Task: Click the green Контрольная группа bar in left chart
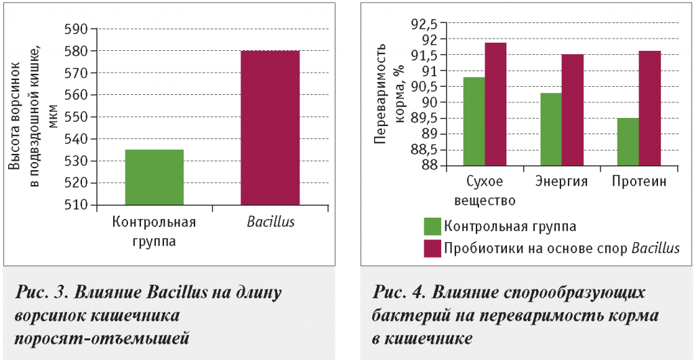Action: tap(154, 177)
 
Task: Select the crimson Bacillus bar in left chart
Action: tap(270, 127)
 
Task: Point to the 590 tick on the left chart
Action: tap(76, 29)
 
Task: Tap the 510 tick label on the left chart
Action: tap(76, 205)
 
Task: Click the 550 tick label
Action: tap(76, 117)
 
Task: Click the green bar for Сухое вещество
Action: tap(474, 121)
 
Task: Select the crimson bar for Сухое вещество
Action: tap(495, 104)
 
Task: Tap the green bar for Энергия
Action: tap(551, 129)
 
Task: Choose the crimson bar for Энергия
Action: tap(573, 110)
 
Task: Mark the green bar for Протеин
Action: tap(628, 142)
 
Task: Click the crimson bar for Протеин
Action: tap(650, 108)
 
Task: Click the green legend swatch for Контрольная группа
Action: tap(432, 226)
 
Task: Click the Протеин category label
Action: tap(639, 182)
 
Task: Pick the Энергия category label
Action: tap(561, 182)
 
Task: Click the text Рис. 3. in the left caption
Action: tap(42, 294)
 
